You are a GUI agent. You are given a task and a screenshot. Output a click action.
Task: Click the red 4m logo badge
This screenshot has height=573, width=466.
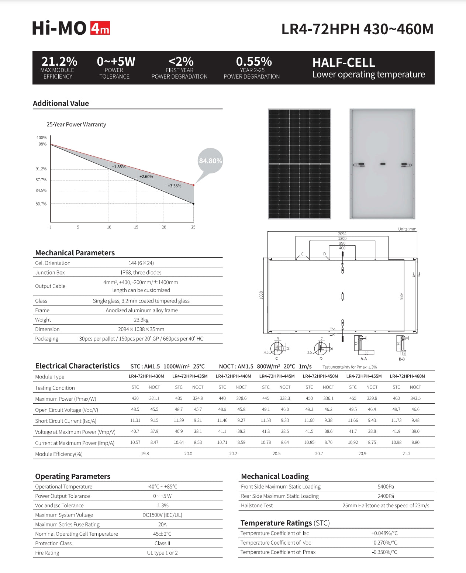pyautogui.click(x=100, y=28)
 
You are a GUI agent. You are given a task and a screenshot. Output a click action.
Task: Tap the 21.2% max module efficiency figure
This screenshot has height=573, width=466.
pyautogui.click(x=59, y=61)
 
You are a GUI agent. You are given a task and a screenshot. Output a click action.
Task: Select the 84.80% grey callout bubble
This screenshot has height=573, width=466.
pyautogui.click(x=210, y=161)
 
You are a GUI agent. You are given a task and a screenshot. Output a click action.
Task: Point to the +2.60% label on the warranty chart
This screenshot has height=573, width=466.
pyautogui.click(x=146, y=177)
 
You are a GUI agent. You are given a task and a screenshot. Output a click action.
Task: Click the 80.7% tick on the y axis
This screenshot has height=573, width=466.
pyautogui.click(x=41, y=204)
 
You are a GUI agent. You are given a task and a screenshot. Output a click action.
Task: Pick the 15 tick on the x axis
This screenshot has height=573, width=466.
pyautogui.click(x=136, y=227)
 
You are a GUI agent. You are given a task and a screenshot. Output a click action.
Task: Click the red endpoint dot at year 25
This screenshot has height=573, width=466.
pyautogui.click(x=193, y=185)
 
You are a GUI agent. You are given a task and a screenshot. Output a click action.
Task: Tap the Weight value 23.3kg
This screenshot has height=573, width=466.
pyautogui.click(x=141, y=320)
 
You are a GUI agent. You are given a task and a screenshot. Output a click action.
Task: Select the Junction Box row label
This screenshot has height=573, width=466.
pyautogui.click(x=50, y=273)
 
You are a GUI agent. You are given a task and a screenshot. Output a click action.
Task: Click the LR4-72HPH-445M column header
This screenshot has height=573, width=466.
pyautogui.click(x=277, y=376)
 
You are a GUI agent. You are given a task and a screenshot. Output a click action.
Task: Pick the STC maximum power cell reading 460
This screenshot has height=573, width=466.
pyautogui.click(x=396, y=398)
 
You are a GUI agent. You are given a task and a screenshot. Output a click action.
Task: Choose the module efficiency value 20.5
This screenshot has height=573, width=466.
pyautogui.click(x=276, y=454)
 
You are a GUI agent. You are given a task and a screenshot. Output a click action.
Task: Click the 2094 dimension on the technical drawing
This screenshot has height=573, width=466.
pyautogui.click(x=342, y=234)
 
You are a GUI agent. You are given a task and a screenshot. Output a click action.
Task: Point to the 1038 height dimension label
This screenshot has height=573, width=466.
pyautogui.click(x=261, y=295)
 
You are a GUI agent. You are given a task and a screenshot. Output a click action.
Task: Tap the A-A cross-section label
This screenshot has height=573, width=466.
pyautogui.click(x=363, y=359)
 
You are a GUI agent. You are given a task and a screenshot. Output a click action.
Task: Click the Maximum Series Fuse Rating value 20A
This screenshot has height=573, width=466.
pyautogui.click(x=162, y=524)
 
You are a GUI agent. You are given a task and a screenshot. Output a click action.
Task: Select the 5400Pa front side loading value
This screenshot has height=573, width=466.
pyautogui.click(x=386, y=487)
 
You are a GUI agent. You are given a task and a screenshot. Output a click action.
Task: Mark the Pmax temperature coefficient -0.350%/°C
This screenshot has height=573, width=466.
pyautogui.click(x=384, y=552)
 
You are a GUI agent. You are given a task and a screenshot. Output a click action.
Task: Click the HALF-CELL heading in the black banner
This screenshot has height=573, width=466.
pyautogui.click(x=344, y=62)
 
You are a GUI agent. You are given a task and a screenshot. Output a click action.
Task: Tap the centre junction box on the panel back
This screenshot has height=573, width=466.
pyautogui.click(x=383, y=164)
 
